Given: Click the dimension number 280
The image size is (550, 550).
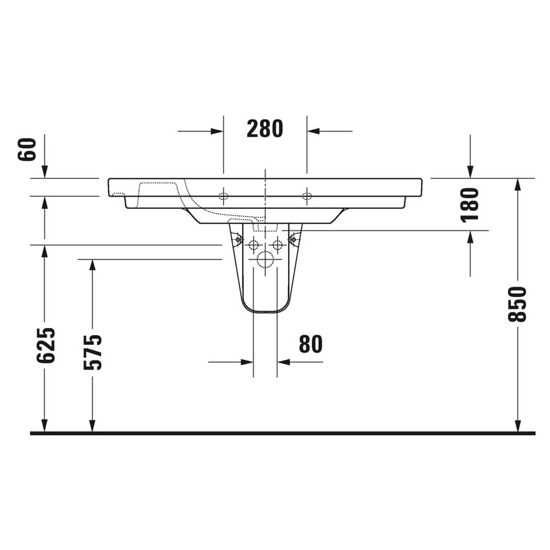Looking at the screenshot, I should [x=265, y=129].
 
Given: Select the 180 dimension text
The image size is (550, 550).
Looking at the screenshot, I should [x=470, y=204].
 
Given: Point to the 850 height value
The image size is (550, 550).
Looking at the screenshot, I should [x=518, y=304].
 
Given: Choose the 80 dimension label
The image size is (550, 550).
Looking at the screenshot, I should [x=311, y=344].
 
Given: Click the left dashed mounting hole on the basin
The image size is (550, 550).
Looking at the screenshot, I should [x=224, y=196].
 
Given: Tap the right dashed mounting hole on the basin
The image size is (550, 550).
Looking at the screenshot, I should [x=307, y=196].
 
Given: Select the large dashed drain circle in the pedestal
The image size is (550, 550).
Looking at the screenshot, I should [x=265, y=261].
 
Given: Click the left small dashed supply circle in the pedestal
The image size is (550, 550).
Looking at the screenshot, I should [x=253, y=245].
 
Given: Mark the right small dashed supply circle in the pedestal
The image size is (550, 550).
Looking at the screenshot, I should [x=278, y=245].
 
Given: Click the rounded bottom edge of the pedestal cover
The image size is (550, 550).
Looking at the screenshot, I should [x=265, y=313].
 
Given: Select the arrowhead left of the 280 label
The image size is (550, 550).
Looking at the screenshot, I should [x=217, y=131].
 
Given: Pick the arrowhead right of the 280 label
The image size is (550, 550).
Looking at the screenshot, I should [x=313, y=131].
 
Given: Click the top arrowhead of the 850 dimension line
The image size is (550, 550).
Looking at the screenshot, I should [x=518, y=184].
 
